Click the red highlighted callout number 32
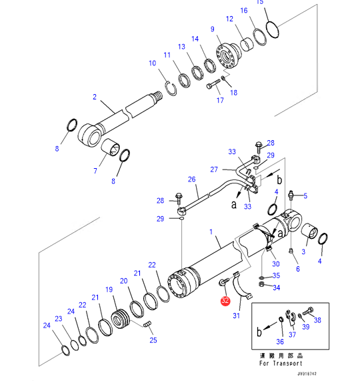(x=225, y=300)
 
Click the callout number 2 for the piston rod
(x=95, y=97)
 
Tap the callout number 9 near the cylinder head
(x=213, y=29)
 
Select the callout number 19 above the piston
(x=109, y=290)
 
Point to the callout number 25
(x=153, y=340)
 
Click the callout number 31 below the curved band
(x=237, y=316)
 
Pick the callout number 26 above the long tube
(x=192, y=179)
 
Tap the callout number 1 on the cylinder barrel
(x=211, y=232)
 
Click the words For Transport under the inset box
(x=281, y=363)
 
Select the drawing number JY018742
(x=307, y=374)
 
